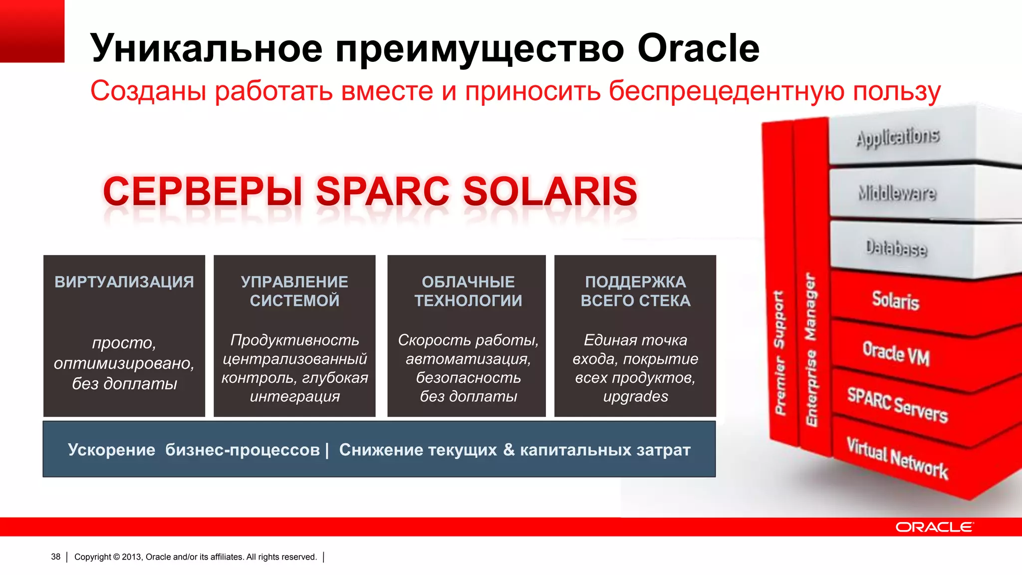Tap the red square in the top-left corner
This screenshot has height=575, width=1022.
click(x=32, y=31)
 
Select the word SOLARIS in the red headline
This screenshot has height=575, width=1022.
click(x=550, y=191)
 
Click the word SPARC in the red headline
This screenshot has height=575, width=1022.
click(x=382, y=191)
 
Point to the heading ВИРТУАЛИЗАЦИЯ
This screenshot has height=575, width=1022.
click(x=124, y=282)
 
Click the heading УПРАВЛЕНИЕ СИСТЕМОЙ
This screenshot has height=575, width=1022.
click(x=294, y=291)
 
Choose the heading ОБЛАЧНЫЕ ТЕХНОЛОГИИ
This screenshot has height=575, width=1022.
click(x=468, y=291)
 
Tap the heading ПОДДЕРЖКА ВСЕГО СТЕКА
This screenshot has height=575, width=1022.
click(x=635, y=291)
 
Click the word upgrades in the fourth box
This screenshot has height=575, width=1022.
click(x=635, y=396)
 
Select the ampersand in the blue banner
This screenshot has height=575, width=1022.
click(x=509, y=449)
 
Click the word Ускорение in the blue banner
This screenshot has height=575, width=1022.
click(x=111, y=450)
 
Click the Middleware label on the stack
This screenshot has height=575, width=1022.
click(x=897, y=193)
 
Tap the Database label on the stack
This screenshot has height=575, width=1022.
click(x=896, y=248)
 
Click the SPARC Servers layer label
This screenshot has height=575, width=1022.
click(x=897, y=405)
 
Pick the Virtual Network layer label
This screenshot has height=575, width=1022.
click(x=897, y=458)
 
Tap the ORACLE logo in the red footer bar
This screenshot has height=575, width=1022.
click(x=934, y=527)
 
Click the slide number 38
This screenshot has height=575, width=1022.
click(x=55, y=557)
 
